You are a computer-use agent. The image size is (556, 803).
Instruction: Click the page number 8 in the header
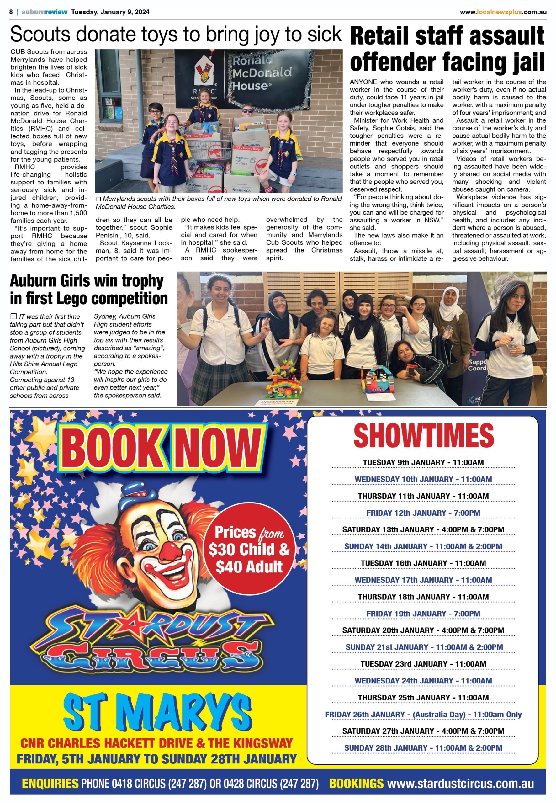(11, 12)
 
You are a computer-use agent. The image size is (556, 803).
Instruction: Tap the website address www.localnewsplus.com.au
(503, 12)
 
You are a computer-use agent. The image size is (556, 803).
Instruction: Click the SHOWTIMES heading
(423, 436)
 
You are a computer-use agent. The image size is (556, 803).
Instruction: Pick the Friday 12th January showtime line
(423, 513)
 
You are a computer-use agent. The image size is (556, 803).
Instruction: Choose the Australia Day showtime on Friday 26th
(423, 715)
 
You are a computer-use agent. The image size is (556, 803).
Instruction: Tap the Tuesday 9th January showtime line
(423, 462)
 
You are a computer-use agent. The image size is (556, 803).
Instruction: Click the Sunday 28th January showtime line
(423, 748)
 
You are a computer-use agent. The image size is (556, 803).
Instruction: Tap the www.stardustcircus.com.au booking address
(461, 784)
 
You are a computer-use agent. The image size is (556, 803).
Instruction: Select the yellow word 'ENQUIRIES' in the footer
(50, 784)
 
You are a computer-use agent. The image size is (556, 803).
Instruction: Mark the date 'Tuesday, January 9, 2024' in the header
(110, 12)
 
